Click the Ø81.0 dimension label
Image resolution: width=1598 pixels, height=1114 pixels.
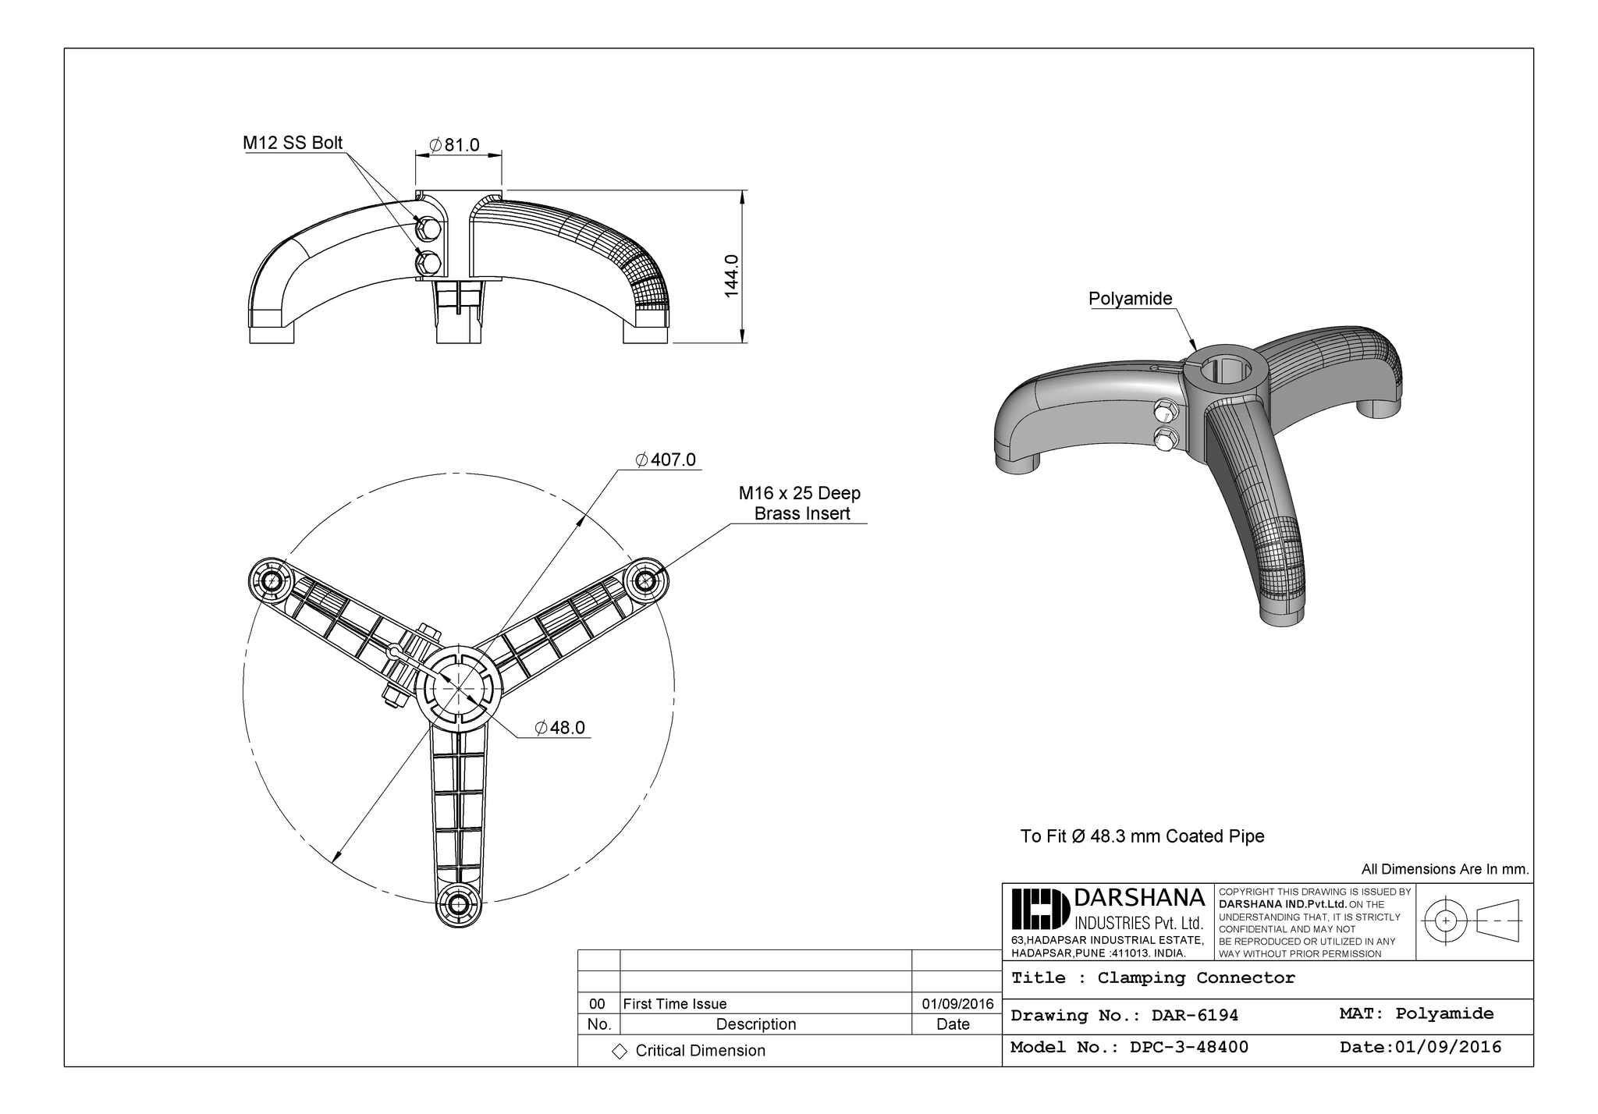[455, 145]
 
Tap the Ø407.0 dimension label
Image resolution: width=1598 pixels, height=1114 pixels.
[666, 459]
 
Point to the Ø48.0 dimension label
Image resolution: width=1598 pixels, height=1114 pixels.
[559, 728]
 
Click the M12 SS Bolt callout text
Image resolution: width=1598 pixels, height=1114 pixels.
[292, 143]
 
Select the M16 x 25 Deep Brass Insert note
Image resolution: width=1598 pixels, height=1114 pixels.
[800, 503]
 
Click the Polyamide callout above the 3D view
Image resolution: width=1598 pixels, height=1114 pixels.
[1130, 299]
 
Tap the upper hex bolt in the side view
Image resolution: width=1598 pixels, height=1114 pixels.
[428, 227]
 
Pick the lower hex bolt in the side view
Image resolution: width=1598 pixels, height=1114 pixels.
[428, 261]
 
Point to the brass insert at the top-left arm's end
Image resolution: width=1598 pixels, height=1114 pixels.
[271, 580]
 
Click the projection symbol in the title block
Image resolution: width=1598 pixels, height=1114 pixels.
[1472, 921]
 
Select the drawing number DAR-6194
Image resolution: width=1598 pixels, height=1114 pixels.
[1124, 1016]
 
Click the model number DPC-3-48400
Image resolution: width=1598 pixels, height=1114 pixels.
[1128, 1048]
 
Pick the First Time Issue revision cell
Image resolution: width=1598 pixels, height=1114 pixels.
[675, 1004]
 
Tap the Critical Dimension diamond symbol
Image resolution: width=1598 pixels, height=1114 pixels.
[620, 1052]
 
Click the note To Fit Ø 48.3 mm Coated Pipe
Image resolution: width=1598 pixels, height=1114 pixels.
[1142, 836]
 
